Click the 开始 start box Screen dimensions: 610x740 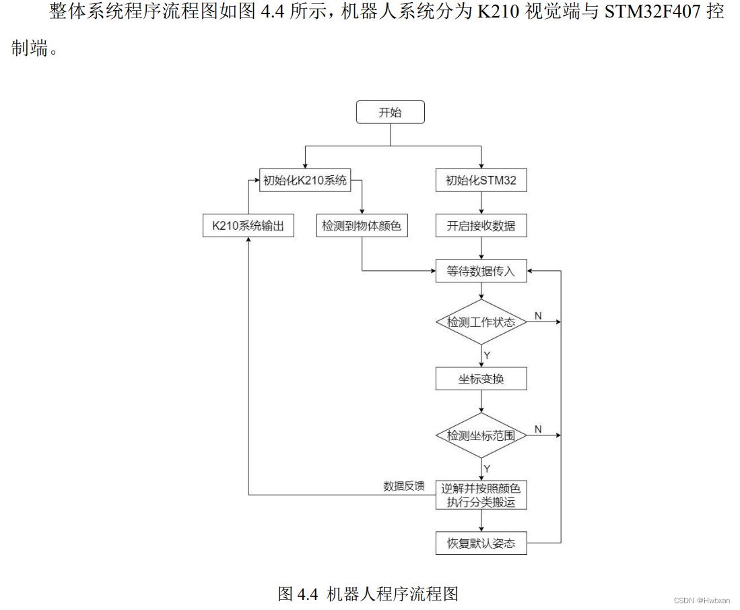(x=390, y=113)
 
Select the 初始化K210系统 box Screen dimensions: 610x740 (x=305, y=180)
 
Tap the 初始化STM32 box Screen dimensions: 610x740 (x=481, y=180)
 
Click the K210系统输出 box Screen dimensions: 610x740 (x=248, y=226)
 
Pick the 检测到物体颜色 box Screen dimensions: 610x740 (x=362, y=226)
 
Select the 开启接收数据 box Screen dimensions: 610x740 (x=481, y=226)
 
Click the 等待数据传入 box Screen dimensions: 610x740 (x=481, y=272)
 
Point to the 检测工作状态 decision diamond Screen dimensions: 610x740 (x=481, y=322)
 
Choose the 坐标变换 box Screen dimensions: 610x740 (x=481, y=379)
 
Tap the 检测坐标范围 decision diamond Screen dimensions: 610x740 (x=481, y=435)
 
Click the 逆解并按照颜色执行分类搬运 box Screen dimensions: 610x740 (x=481, y=495)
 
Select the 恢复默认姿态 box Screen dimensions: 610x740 (x=481, y=543)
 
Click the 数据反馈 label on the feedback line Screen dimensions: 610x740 (x=404, y=486)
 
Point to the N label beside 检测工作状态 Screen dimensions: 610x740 (x=538, y=315)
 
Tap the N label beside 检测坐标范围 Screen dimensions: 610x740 (x=538, y=429)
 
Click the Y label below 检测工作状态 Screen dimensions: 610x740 (x=487, y=355)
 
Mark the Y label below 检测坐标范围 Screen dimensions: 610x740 (x=487, y=468)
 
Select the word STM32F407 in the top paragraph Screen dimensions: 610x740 (x=646, y=12)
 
